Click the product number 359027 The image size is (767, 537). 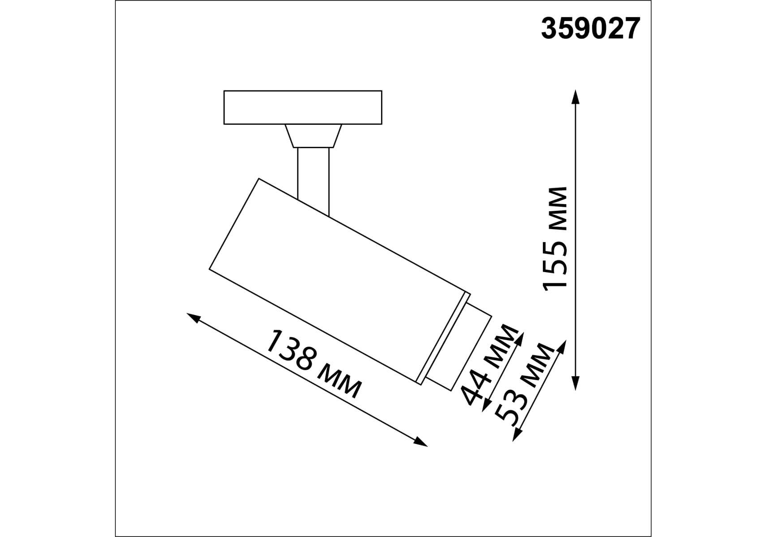pyautogui.click(x=590, y=29)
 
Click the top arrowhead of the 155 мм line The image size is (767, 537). pyautogui.click(x=576, y=96)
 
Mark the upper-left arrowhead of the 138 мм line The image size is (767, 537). pyautogui.click(x=193, y=317)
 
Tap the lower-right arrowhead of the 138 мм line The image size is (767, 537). pyautogui.click(x=421, y=442)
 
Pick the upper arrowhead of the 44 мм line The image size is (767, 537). pyautogui.click(x=520, y=339)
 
